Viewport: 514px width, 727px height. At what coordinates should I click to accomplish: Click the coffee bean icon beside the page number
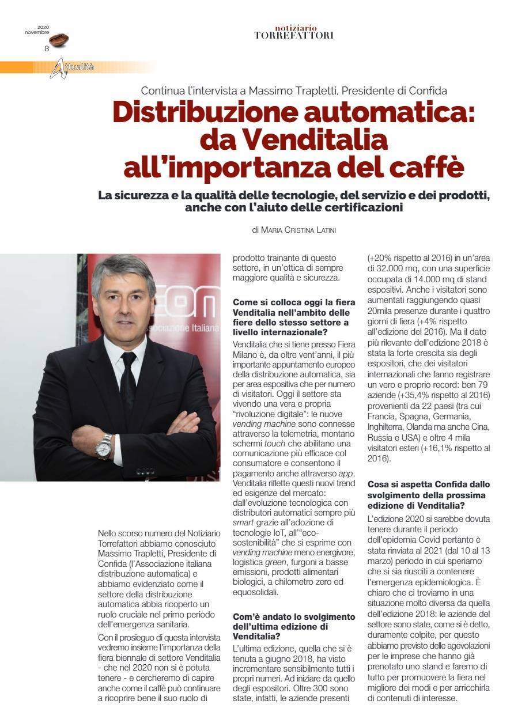click(x=58, y=40)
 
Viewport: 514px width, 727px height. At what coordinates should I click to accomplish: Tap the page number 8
click(x=47, y=48)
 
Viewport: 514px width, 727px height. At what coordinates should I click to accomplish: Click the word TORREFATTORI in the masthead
click(x=293, y=36)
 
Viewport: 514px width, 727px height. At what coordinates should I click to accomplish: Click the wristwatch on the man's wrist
click(x=104, y=446)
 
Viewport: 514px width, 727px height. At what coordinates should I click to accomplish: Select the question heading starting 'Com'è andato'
click(x=294, y=625)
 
